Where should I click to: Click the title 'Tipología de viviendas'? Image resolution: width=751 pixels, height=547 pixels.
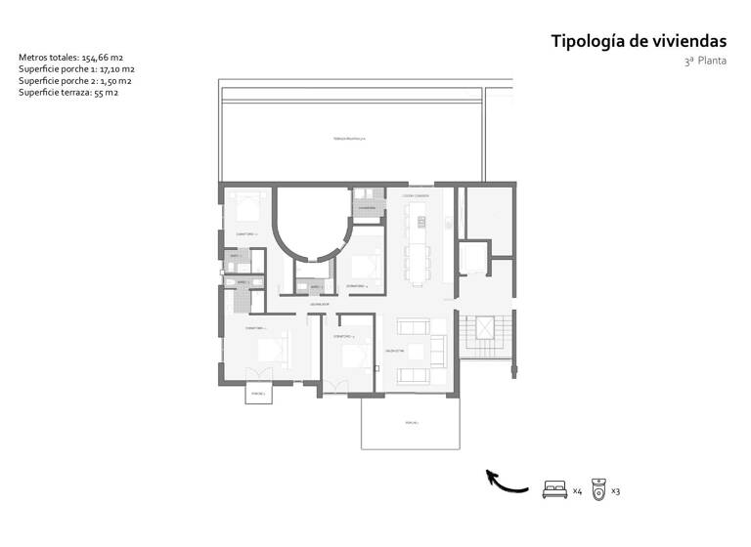coord(639,41)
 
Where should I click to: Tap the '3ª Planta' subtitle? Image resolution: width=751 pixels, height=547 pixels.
coord(705,62)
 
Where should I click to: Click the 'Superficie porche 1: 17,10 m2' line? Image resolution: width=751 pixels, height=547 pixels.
coord(76,70)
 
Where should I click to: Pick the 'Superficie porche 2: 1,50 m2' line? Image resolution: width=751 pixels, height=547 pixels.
coord(74,82)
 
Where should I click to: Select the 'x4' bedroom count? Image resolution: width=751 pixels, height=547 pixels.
coord(577,490)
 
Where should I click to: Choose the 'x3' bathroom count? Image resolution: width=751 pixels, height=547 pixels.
coord(616,490)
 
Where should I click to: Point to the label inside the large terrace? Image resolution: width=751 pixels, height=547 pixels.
coord(349,140)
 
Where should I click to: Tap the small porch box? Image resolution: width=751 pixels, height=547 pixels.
coord(259,394)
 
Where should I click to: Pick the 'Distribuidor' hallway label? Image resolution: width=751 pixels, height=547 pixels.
coord(319,305)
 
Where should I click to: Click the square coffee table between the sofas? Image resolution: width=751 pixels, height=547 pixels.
coord(415,351)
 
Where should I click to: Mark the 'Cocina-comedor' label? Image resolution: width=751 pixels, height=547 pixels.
coord(416,195)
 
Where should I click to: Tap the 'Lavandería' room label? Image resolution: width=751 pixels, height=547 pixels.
coord(367,208)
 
